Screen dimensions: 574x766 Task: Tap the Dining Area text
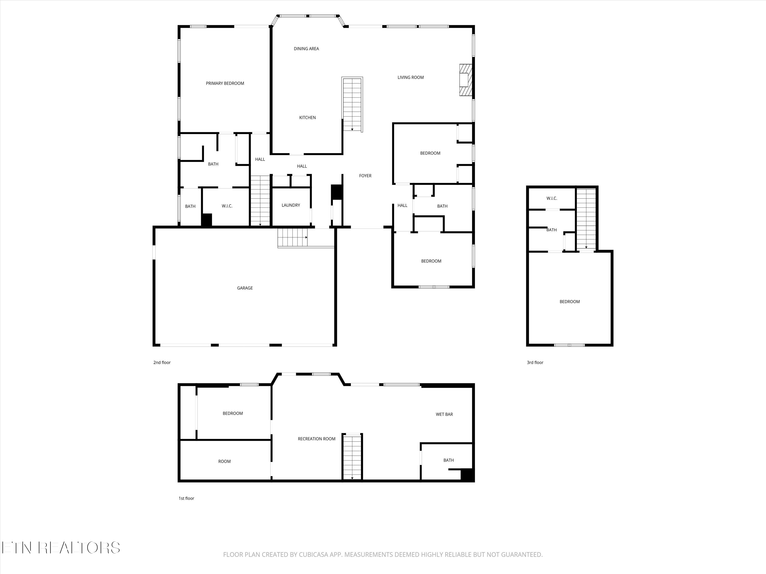click(306, 49)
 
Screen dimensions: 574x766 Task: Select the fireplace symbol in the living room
click(465, 80)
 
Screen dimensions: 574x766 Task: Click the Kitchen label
click(307, 118)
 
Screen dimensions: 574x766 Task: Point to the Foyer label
click(365, 176)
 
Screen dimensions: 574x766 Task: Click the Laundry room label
click(291, 205)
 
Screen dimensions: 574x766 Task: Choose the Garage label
click(245, 288)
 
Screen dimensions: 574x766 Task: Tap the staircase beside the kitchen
click(352, 104)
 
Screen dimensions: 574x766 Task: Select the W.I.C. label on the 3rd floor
click(551, 198)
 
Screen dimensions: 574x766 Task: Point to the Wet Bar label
click(444, 414)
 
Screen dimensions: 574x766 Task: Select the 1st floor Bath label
click(448, 460)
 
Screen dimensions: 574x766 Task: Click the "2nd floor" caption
click(162, 363)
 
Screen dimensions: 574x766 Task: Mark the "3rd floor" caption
click(535, 363)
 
